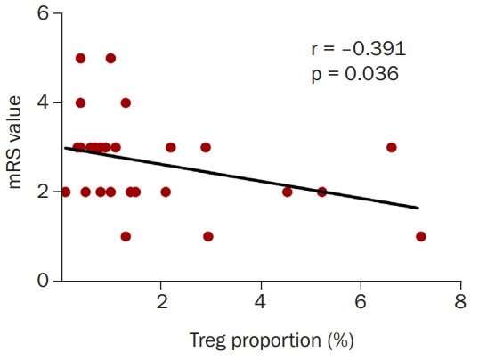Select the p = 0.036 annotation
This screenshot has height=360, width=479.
[x=354, y=74]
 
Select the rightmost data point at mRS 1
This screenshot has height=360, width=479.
[x=421, y=236]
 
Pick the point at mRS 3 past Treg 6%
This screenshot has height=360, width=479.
[x=391, y=147]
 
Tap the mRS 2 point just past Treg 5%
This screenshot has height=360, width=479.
[x=322, y=192]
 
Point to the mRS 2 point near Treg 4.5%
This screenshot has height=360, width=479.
[x=287, y=192]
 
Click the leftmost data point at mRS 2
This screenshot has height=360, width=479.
[x=65, y=192]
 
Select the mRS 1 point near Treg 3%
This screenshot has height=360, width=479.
[x=208, y=236]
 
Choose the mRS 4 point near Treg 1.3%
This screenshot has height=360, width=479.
[x=126, y=102]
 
